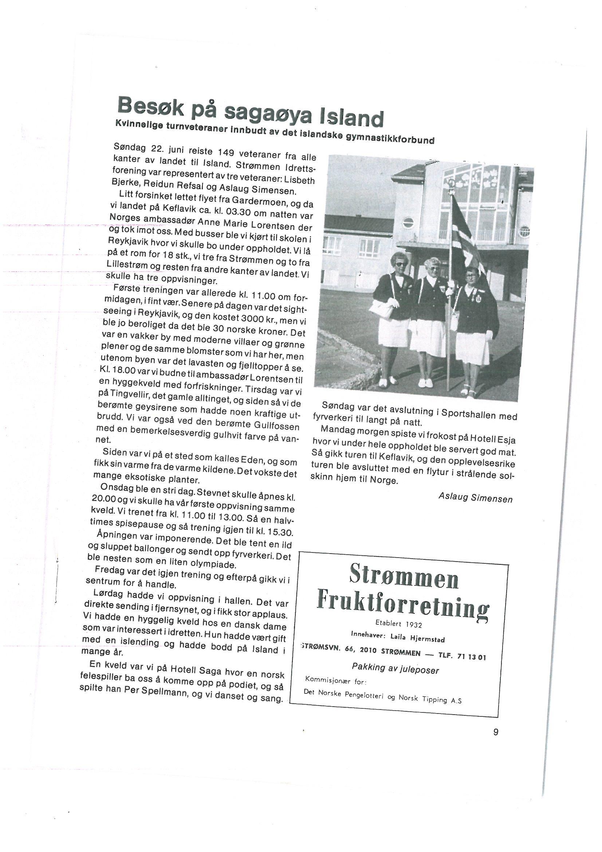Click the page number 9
496,732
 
